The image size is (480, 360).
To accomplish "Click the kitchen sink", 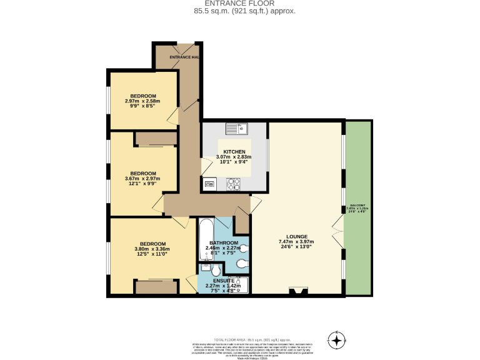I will [237, 129].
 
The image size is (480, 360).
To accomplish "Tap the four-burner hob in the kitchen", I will [234, 184].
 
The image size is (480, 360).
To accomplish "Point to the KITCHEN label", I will [234, 152].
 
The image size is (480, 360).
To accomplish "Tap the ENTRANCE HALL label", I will [184, 57].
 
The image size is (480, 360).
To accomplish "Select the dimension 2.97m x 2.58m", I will [142, 101].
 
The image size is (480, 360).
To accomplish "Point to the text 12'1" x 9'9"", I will [142, 184].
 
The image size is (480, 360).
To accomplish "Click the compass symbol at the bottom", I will [337, 341].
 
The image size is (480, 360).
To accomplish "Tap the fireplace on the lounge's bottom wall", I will [297, 291].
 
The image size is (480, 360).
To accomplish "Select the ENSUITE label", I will [223, 281].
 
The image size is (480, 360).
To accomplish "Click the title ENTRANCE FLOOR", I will [240, 4].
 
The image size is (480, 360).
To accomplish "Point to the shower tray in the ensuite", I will [239, 287].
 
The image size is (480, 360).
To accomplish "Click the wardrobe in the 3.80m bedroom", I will [151, 287].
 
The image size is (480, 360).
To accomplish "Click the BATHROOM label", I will [223, 242].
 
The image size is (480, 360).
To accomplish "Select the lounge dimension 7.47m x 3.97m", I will [296, 242].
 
